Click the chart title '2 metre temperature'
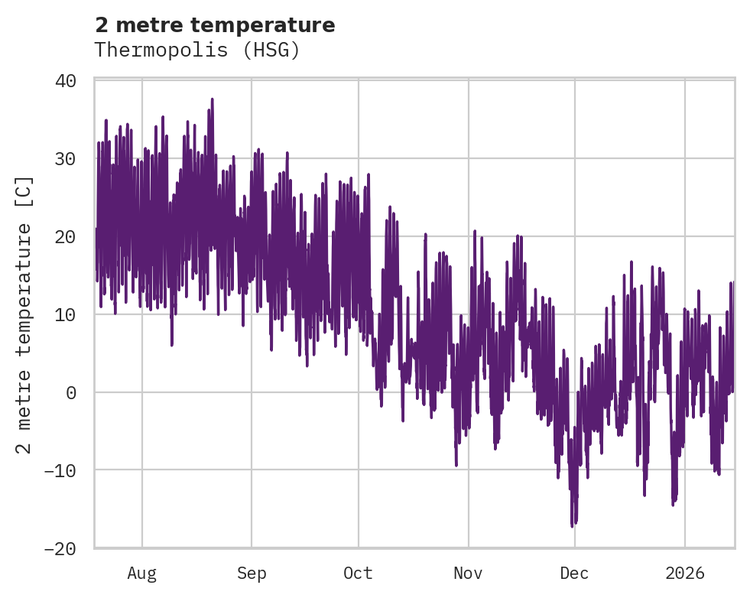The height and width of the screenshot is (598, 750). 215,25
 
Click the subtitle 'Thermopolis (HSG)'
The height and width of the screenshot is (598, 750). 196,50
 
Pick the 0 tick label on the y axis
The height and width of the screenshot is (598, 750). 71,392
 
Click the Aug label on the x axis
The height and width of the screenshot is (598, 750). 141,574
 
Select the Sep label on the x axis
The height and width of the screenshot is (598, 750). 251,574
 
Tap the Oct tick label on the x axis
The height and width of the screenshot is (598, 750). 358,574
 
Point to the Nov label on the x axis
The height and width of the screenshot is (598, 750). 468,574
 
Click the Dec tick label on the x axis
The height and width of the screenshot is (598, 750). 574,574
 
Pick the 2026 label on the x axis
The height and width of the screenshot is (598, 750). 685,574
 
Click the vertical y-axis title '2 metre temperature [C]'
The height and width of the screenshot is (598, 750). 25,314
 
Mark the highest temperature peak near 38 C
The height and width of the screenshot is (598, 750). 212,99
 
